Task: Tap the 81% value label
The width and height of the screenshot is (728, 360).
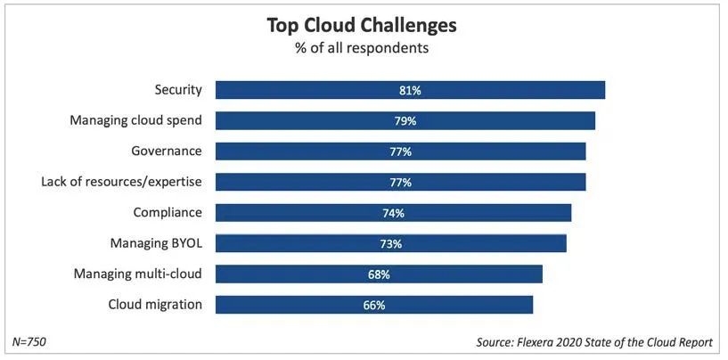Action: [x=410, y=90]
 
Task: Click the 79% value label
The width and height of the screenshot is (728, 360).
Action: [x=405, y=121]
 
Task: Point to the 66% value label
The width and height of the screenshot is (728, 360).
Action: [x=374, y=305]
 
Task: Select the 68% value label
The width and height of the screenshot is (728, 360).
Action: [x=379, y=274]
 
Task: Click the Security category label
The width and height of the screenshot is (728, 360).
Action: [x=178, y=90]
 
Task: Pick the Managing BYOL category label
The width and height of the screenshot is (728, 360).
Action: [x=156, y=243]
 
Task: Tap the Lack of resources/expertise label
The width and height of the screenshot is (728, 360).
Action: [x=122, y=182]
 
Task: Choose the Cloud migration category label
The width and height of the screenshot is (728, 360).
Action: [x=155, y=305]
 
